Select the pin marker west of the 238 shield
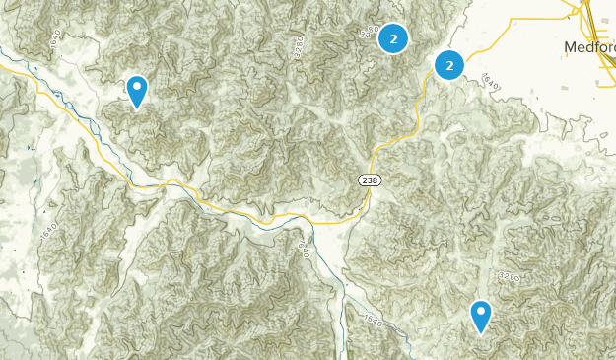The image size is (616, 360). [x=137, y=92]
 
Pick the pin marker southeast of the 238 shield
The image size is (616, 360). [x=481, y=318]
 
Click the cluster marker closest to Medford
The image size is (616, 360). [x=449, y=66]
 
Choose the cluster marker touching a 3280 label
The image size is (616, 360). [x=393, y=38]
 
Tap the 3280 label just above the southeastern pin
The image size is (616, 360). [x=509, y=277]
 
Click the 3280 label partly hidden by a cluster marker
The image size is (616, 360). [x=372, y=31]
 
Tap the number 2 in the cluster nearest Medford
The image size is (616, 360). [x=449, y=66]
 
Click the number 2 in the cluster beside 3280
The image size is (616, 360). [x=393, y=38]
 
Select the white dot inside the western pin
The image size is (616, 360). [x=137, y=88]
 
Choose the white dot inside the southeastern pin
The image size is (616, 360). [x=481, y=314]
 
